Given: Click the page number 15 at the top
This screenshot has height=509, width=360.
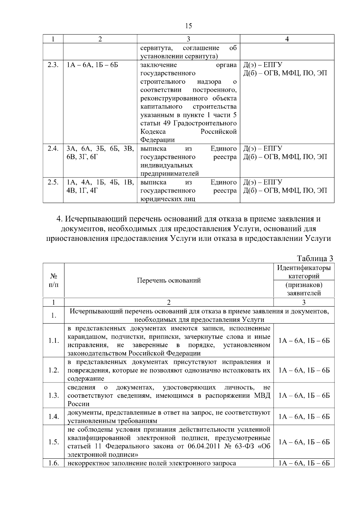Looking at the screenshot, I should pos(188,26).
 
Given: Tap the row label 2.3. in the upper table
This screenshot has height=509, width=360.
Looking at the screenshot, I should pos(53,65).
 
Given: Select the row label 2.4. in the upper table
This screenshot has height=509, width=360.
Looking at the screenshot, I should pos(53,148).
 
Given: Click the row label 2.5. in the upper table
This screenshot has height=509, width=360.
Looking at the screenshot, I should pos(53,182).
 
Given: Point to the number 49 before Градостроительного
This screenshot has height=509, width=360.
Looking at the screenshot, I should pos(167,123).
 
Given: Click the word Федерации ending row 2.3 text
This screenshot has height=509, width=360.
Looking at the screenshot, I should pos(157,140).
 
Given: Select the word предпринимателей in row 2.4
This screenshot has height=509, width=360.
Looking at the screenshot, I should pos(169,174).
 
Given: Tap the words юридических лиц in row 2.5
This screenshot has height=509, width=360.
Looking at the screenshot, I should pos(168,199).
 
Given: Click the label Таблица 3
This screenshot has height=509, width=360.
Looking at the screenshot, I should pos(315,258).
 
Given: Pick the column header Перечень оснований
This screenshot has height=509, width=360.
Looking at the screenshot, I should pos(169,280).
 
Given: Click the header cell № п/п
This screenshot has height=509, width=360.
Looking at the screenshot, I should pos(53,280).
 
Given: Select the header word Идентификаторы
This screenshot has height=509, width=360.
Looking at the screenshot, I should pos(304,268).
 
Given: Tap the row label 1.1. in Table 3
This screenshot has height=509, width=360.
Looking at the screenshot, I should pos(53,340).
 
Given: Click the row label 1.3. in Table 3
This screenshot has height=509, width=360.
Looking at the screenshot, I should pos(53,395).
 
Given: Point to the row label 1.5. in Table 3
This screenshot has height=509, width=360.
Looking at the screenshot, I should pos(53,442).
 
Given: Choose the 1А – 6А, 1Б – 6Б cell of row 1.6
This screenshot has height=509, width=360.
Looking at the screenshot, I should pos(304,463).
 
